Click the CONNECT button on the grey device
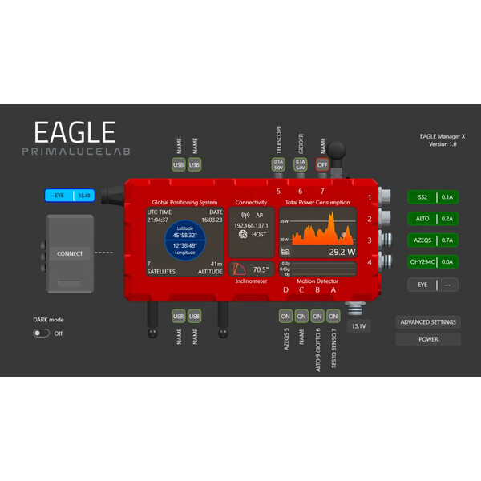(x=70, y=253)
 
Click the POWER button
(x=428, y=339)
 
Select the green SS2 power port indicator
(x=432, y=197)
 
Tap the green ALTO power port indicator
(x=432, y=219)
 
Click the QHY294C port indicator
(x=432, y=262)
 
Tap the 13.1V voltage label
(x=358, y=326)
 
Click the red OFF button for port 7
(x=322, y=164)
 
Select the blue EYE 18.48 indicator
(x=70, y=195)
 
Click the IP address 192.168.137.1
(x=250, y=226)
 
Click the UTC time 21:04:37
(x=159, y=219)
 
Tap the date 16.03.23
(x=212, y=219)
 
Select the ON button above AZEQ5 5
(x=285, y=316)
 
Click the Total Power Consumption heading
(x=318, y=202)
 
